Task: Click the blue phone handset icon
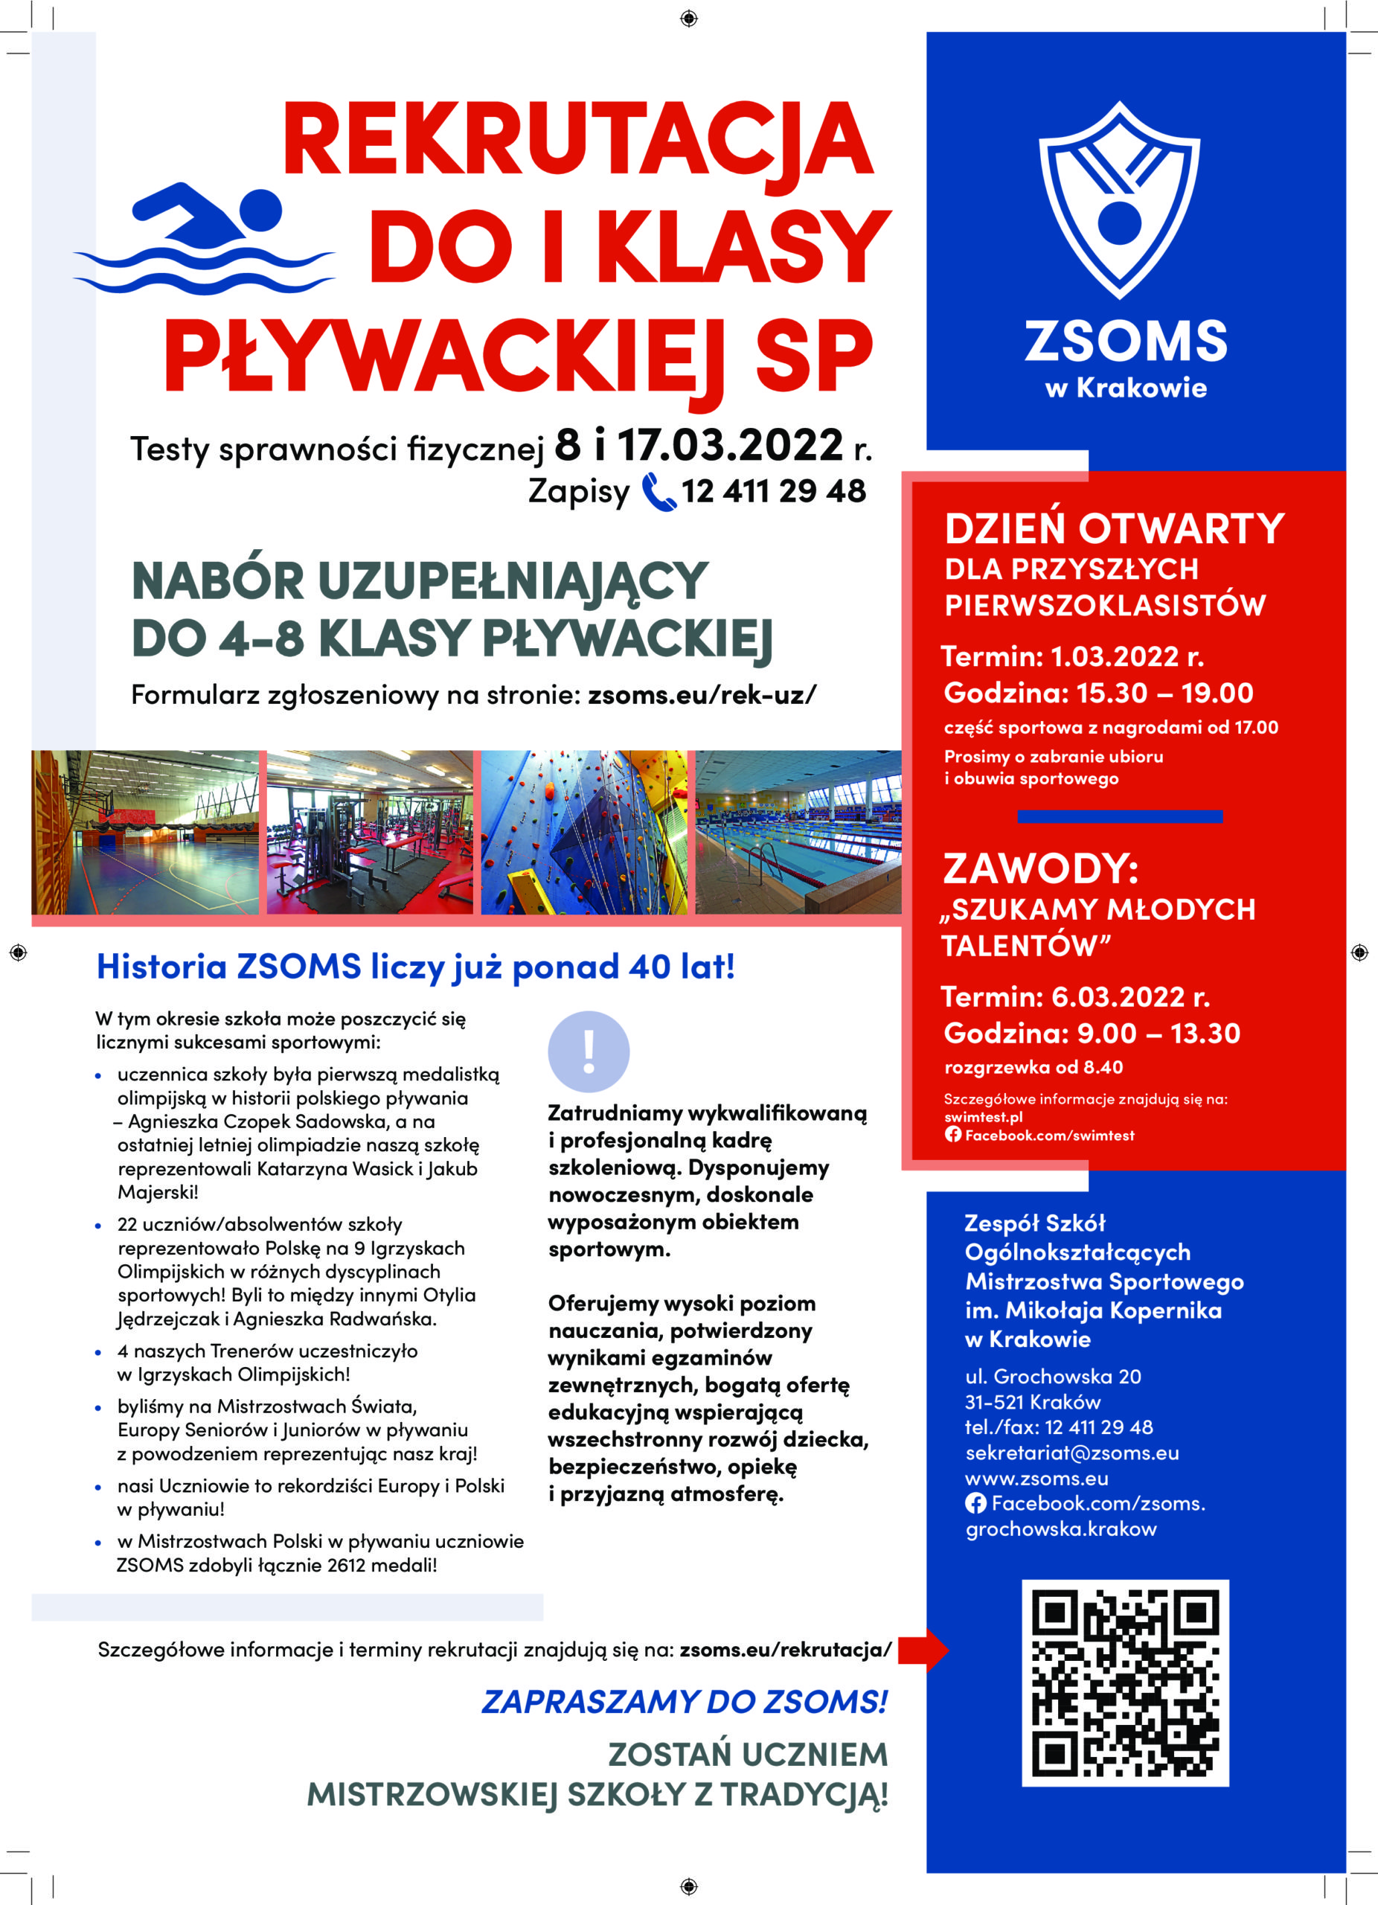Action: [658, 492]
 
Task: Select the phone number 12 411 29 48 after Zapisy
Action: [773, 491]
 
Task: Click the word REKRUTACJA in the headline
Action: [577, 138]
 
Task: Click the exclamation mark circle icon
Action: [589, 1051]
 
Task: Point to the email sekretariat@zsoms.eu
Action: [1071, 1453]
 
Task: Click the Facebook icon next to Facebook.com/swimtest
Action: [952, 1135]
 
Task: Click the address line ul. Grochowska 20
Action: [1053, 1376]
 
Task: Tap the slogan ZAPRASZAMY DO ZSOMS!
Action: [685, 1702]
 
